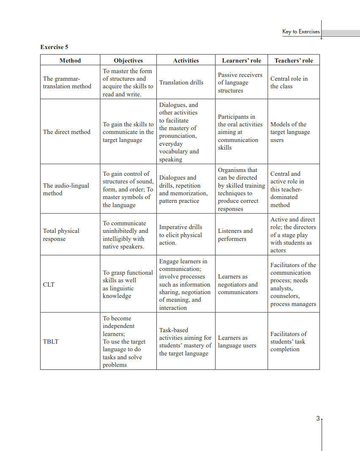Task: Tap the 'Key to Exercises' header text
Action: coord(301,32)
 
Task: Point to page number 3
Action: coord(318,418)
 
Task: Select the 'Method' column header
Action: coord(70,60)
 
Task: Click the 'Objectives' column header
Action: coord(128,60)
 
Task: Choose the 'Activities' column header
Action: coord(186,60)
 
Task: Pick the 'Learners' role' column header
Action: coord(241,60)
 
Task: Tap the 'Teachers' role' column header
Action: coord(294,60)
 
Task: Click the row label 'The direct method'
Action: coord(67,132)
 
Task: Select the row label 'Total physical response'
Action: coord(61,235)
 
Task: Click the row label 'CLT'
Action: coord(49,284)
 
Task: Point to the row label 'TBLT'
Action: coord(50,342)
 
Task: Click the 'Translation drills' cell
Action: coord(181,82)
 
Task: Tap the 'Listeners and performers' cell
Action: coord(235,235)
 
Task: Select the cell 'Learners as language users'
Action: coord(237,342)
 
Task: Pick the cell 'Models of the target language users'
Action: coord(290,132)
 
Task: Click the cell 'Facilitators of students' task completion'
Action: coord(289,342)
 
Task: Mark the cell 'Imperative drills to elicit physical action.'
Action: coord(181,235)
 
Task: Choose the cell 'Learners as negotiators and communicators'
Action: coord(238,284)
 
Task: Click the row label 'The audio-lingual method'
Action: coord(66,189)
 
